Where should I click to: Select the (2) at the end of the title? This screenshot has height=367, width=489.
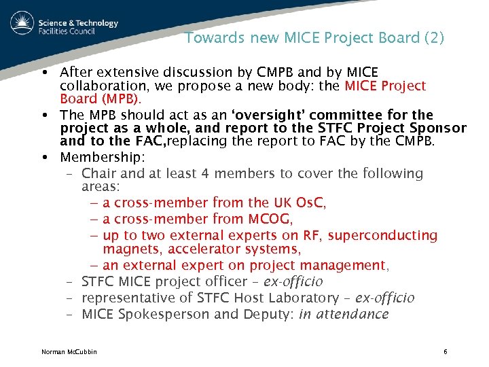coord(433,38)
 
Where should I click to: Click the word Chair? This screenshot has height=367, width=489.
coord(99,173)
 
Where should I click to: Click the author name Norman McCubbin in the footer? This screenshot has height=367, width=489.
coord(69,351)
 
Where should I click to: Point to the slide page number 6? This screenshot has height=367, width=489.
coord(445,351)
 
